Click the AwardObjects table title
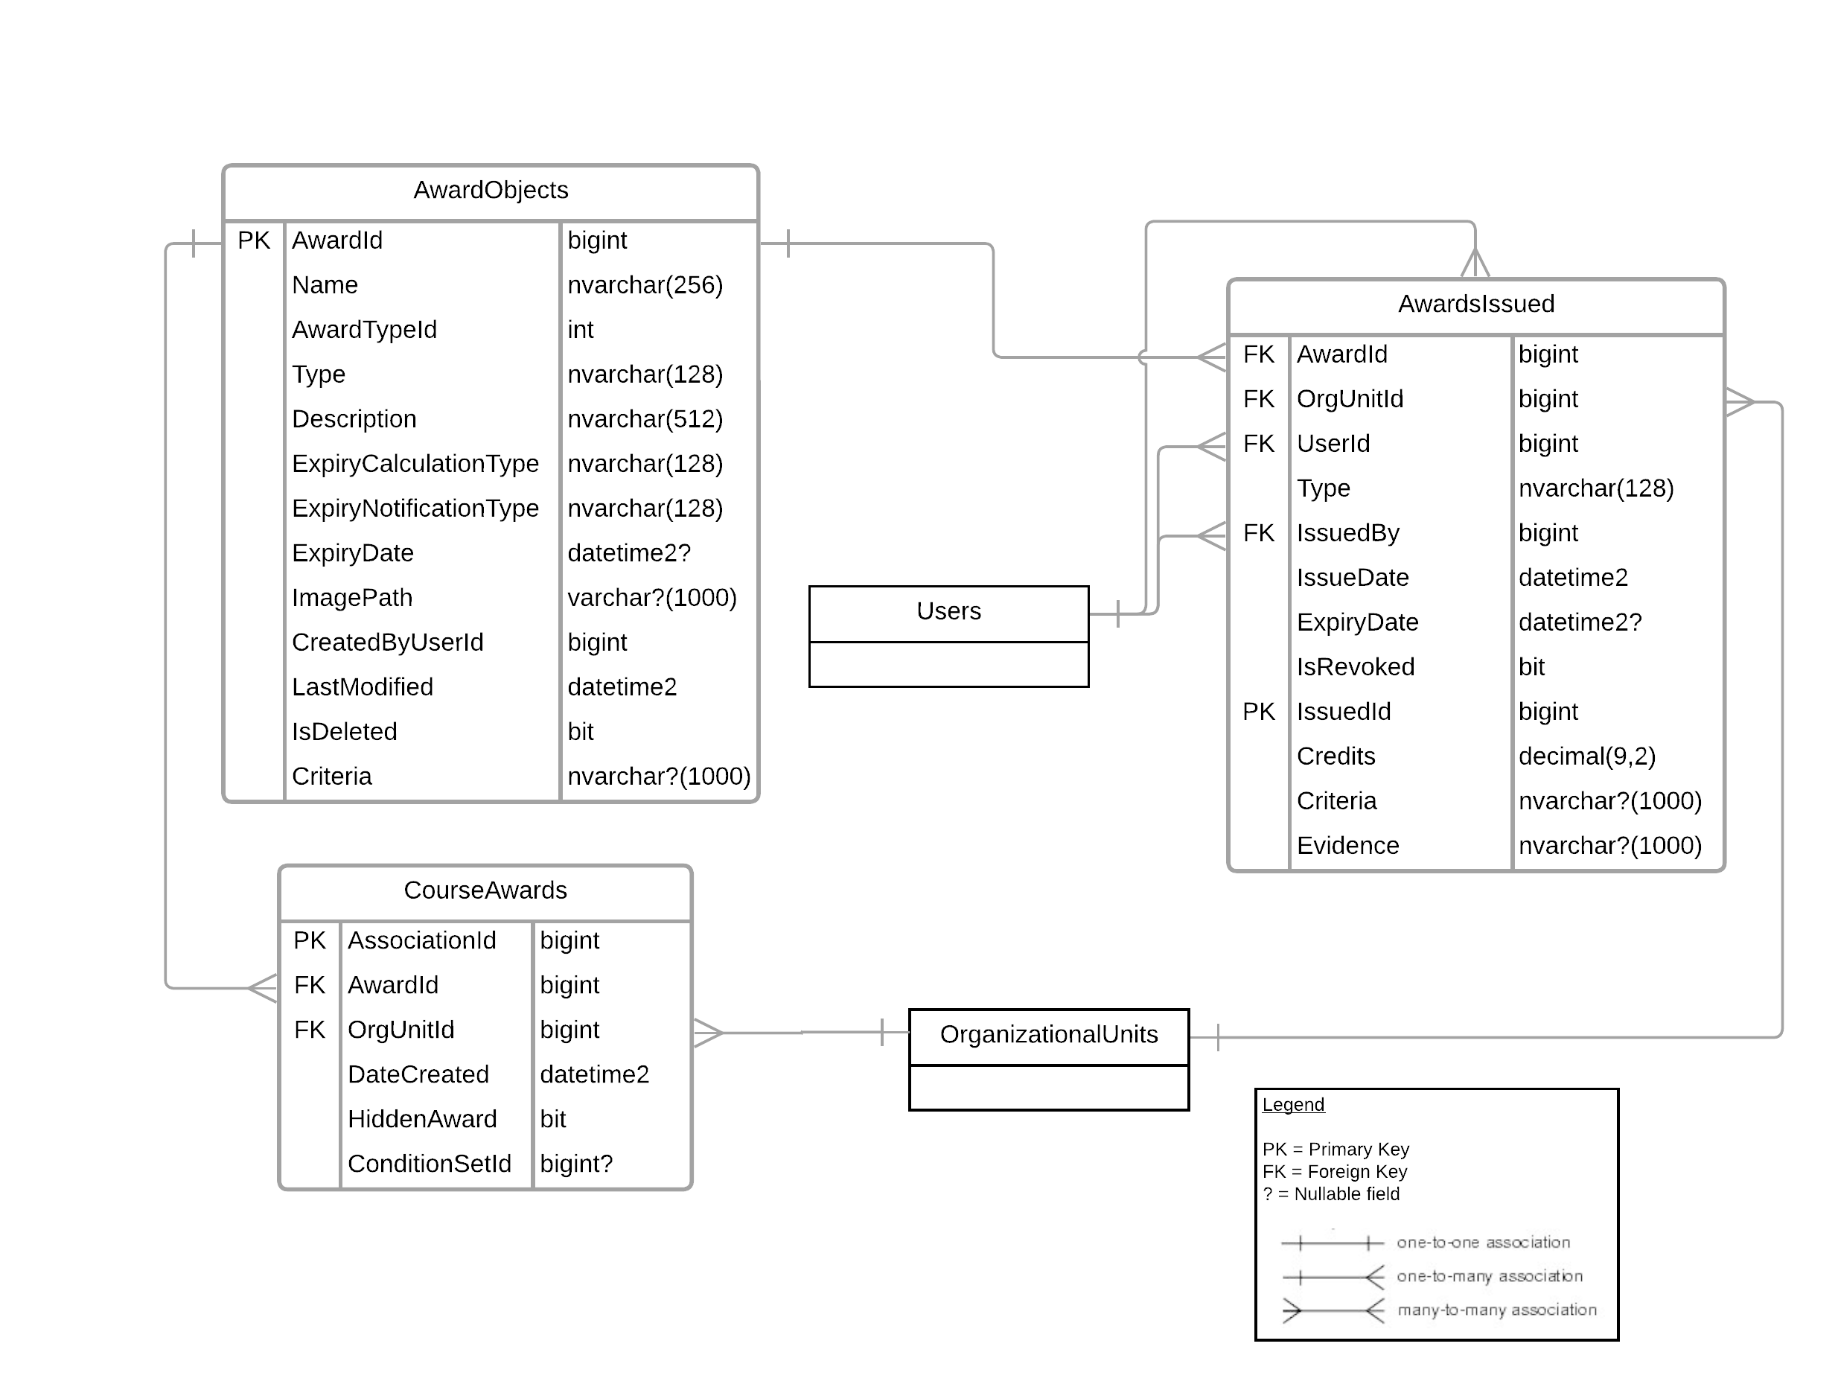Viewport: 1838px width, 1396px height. tap(491, 191)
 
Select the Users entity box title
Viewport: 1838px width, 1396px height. tap(948, 611)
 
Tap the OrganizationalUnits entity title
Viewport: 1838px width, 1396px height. tap(1049, 1035)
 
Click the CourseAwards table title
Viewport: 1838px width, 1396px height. tap(485, 890)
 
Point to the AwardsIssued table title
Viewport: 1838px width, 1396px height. tap(1475, 304)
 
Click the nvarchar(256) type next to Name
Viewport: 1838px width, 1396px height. tap(645, 285)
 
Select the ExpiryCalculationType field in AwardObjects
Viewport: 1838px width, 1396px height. tap(415, 464)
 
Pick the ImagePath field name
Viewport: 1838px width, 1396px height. tap(351, 597)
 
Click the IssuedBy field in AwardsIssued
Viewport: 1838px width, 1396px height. tap(1347, 532)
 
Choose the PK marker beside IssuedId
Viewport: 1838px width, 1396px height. tap(1258, 711)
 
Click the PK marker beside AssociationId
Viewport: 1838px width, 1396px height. tap(309, 940)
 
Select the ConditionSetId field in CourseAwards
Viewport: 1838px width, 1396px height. tap(429, 1163)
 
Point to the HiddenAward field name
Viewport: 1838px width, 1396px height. tap(422, 1119)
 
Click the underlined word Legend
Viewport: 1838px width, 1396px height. tap(1293, 1105)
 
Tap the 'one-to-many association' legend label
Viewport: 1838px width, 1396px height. tap(1489, 1276)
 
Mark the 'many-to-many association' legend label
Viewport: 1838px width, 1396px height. tap(1496, 1310)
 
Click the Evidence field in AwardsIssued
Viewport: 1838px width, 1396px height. tap(1347, 846)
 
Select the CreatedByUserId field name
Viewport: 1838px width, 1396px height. tap(387, 643)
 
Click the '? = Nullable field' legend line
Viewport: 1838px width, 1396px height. tap(1331, 1194)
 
